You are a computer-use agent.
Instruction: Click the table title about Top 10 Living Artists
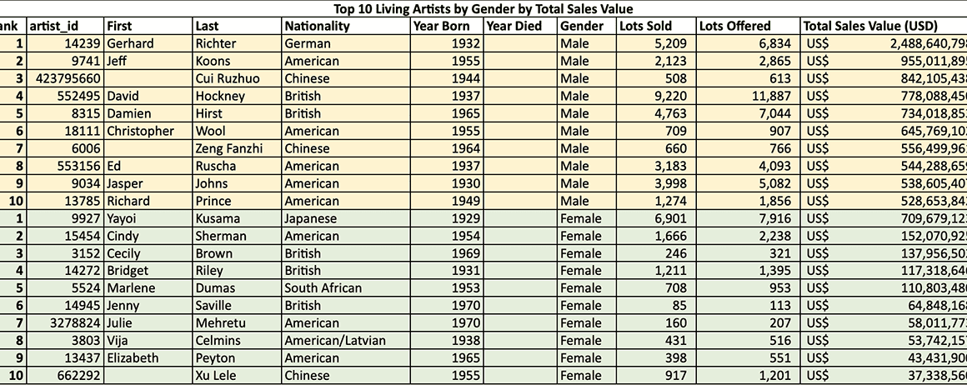pos(483,8)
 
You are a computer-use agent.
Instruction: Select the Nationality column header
pos(317,26)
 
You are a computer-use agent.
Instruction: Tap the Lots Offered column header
pos(734,26)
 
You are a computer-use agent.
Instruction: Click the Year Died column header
pos(514,26)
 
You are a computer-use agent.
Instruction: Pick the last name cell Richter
pos(215,43)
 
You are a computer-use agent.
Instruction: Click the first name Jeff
pos(118,61)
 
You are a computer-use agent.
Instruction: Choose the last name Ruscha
pos(215,166)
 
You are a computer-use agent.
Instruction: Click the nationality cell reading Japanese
pos(311,218)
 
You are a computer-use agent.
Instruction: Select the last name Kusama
pos(218,218)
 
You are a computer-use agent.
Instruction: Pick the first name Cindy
pos(123,236)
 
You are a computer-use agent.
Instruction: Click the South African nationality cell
pos(323,288)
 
